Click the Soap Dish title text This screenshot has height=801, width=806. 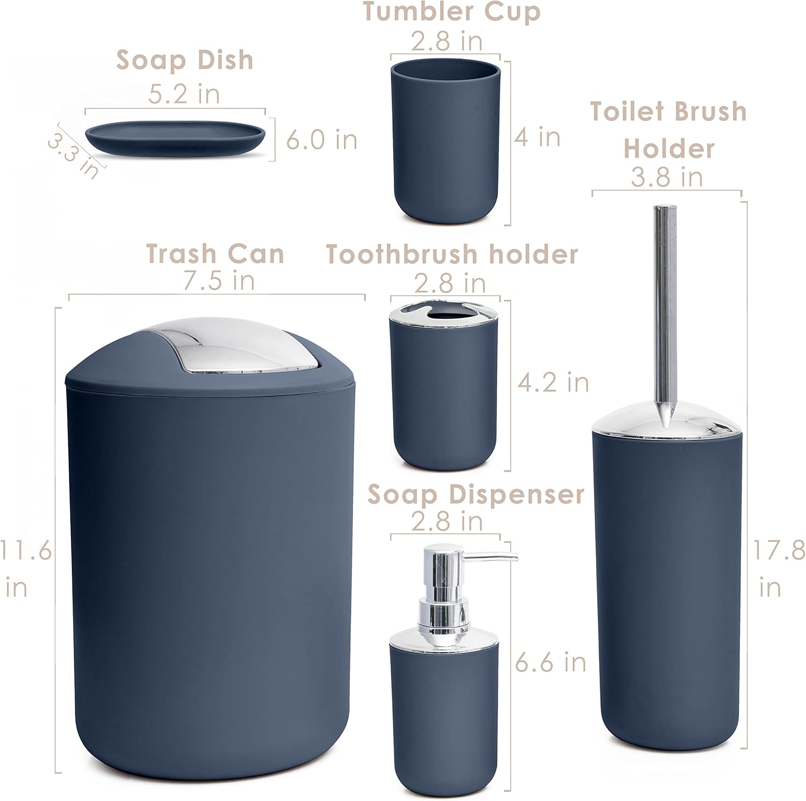[184, 60]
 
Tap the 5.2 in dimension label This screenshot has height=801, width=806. [184, 94]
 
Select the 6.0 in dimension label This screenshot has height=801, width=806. [321, 140]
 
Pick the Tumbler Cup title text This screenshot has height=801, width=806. [451, 11]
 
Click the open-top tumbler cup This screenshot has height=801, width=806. [445, 141]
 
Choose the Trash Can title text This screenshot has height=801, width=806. [215, 254]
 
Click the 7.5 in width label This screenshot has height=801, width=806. [219, 281]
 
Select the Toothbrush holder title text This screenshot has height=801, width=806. [452, 254]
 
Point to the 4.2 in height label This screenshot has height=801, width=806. [553, 382]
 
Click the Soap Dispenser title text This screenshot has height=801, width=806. [476, 494]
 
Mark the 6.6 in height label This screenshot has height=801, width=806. [551, 662]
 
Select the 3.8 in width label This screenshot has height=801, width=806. [666, 177]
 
